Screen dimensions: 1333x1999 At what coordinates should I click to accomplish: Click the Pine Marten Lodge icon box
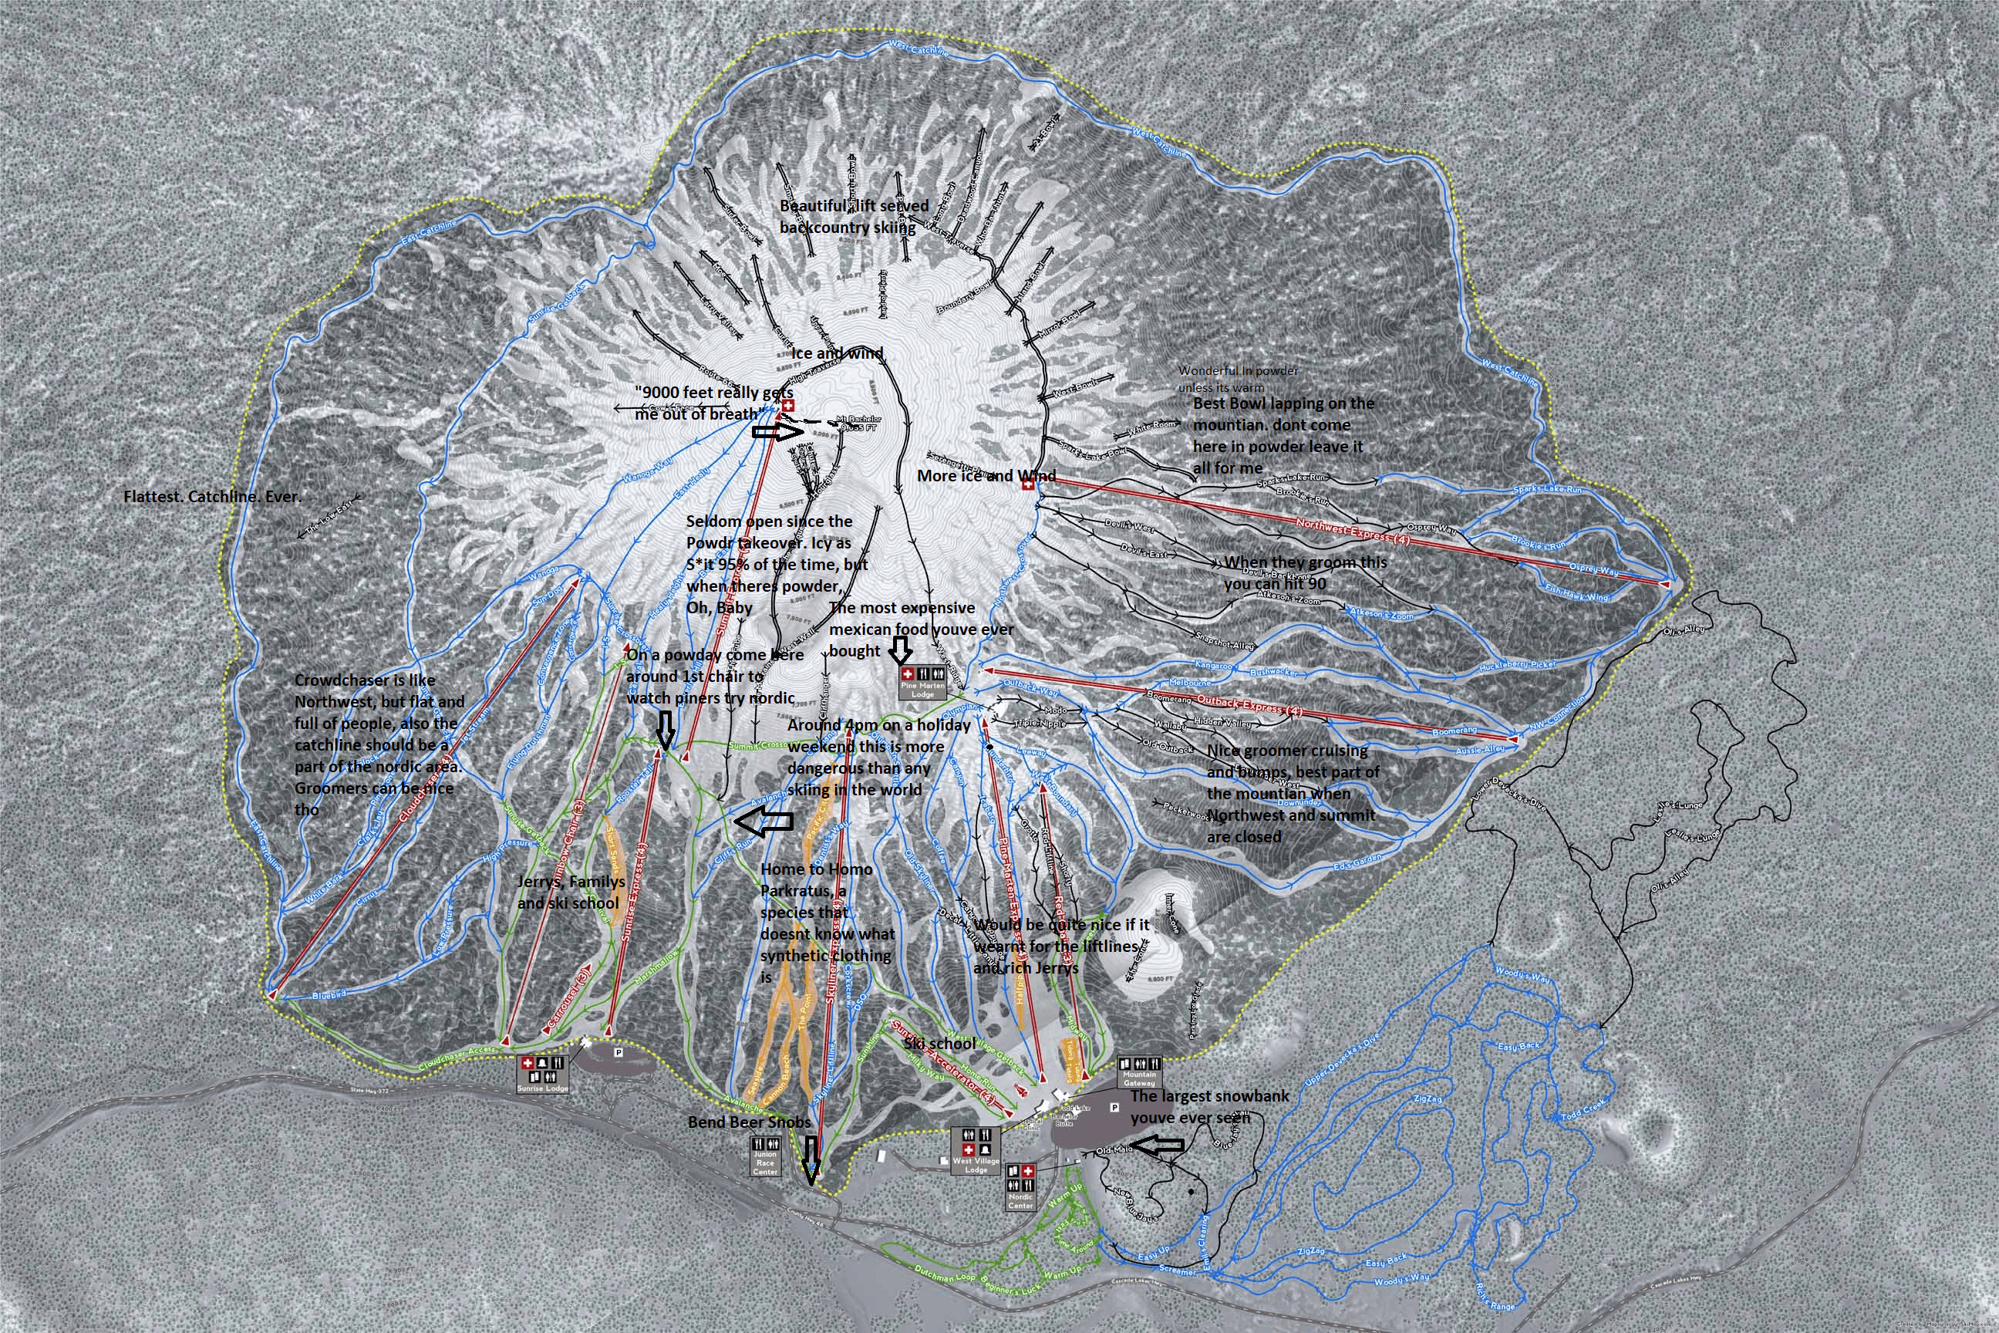point(922,683)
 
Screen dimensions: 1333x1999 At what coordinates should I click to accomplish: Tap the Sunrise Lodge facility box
point(542,1074)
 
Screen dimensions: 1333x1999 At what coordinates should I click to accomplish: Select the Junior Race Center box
point(765,1157)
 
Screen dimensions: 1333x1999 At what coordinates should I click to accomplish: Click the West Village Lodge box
point(976,1150)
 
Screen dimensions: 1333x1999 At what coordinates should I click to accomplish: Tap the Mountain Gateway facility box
point(1139,1073)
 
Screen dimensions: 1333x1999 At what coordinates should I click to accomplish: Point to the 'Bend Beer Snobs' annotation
point(749,1122)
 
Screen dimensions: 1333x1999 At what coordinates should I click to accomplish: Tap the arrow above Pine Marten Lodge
point(901,651)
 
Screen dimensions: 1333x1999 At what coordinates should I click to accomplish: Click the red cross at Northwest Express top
point(1027,484)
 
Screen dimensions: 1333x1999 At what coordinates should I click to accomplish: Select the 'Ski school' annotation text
point(939,1043)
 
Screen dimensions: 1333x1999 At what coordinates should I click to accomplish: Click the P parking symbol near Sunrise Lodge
point(618,1051)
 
